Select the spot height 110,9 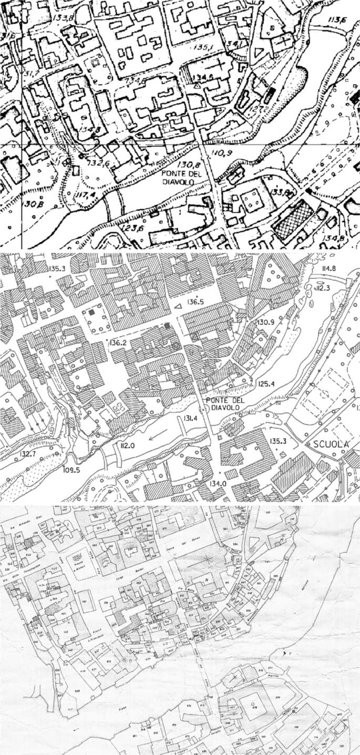coord(221,153)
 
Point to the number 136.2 coord(119,343)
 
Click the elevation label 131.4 coord(190,418)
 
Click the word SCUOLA coord(331,444)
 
